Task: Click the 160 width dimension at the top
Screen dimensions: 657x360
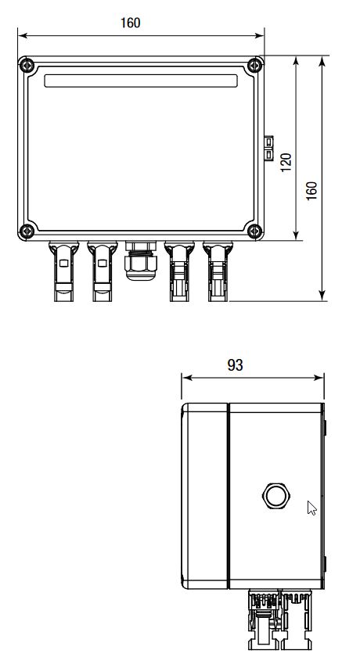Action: point(130,23)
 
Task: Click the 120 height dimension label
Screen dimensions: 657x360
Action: point(286,162)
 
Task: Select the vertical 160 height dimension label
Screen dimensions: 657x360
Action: point(312,191)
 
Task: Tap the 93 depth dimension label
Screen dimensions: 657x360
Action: point(235,365)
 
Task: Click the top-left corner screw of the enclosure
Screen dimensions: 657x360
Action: point(27,66)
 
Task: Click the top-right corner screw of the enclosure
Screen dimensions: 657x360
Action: point(254,66)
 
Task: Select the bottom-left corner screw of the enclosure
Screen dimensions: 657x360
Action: point(27,230)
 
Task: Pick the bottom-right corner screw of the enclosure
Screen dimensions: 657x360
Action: point(254,230)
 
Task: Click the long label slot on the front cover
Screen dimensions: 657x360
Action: point(141,81)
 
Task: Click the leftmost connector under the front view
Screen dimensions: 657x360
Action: point(63,271)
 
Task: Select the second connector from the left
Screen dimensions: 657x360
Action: point(102,271)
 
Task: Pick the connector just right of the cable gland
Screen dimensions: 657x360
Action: point(178,271)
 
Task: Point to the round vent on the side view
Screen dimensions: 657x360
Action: point(275,495)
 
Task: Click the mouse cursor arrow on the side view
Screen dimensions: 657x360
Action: point(311,508)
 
